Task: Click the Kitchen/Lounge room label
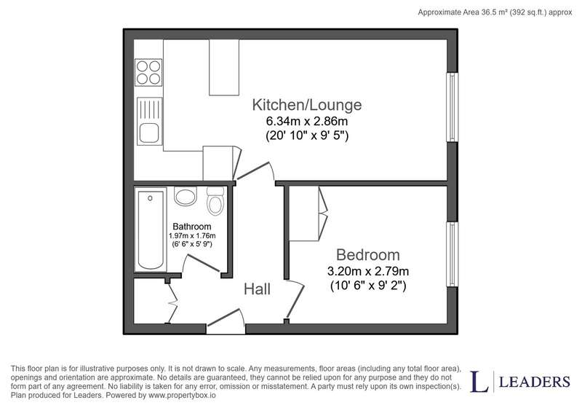point(306,105)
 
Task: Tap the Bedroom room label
point(368,255)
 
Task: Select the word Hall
point(257,289)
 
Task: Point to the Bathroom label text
point(192,227)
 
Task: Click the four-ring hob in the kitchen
point(149,72)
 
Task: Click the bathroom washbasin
point(186,196)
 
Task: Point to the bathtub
point(151,229)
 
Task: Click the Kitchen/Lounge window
point(452,107)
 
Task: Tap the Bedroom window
point(452,254)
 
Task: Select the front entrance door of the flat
point(226,322)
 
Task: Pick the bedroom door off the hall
point(296,301)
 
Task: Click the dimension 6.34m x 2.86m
point(306,121)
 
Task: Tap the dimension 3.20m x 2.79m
point(368,271)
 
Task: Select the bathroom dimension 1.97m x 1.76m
point(192,235)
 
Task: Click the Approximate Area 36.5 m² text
point(463,12)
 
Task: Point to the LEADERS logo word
point(535,382)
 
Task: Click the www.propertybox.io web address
point(182,396)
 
